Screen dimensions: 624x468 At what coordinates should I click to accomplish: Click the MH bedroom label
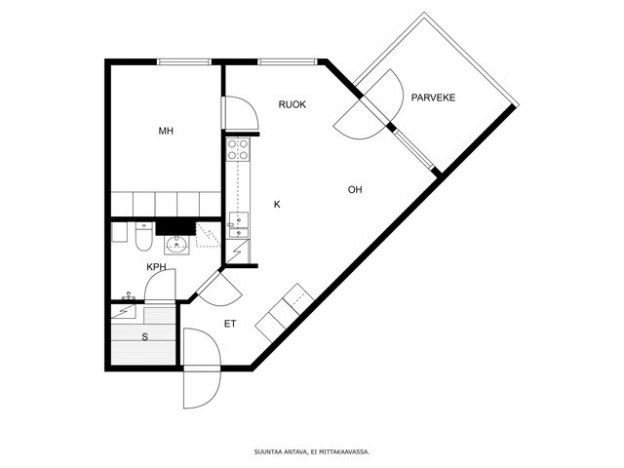tap(166, 131)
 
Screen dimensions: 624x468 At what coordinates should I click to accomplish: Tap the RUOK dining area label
tap(292, 104)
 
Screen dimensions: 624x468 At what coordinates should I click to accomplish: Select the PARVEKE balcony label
tap(433, 97)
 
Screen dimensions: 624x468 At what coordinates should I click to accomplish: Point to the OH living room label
tap(355, 190)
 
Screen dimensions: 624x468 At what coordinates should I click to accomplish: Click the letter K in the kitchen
tap(277, 205)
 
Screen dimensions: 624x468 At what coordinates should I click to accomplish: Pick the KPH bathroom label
tap(156, 267)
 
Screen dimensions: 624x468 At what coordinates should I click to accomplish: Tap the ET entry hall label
tap(230, 324)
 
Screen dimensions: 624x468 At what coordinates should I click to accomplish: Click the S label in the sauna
tap(145, 337)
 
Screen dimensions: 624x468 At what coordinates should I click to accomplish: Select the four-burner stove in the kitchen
tap(238, 149)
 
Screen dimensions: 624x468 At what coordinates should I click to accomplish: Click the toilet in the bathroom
tap(143, 236)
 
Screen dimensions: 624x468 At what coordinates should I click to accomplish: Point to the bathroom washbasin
tap(176, 244)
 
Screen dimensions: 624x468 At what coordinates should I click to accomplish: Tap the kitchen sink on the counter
tap(238, 225)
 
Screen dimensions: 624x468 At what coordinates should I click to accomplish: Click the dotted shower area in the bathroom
tap(208, 235)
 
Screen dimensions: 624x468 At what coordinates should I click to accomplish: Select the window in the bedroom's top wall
tap(184, 61)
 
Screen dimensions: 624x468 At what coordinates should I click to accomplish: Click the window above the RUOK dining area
tap(288, 61)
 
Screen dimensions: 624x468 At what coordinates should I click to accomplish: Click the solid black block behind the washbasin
tap(175, 228)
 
